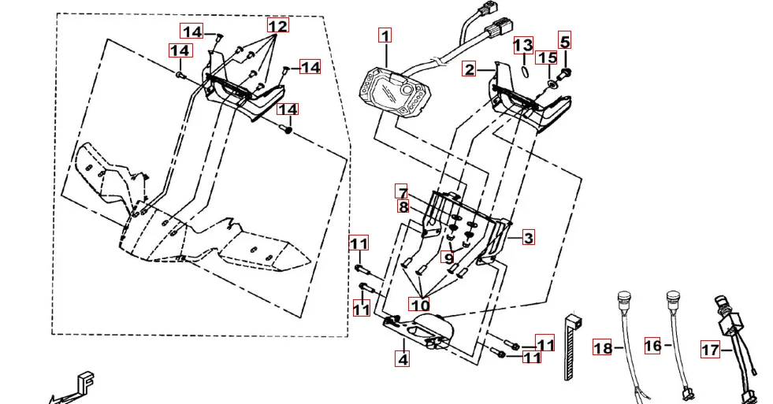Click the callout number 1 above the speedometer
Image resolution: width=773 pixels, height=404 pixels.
click(385, 35)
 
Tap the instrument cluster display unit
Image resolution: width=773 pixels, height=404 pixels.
click(394, 92)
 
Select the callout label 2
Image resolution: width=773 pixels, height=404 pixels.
click(470, 70)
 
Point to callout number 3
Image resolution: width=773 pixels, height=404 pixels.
click(528, 237)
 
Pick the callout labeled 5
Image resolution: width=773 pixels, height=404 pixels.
click(565, 40)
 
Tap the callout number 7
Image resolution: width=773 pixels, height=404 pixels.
click(402, 193)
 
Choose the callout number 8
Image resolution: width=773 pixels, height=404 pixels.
click(403, 208)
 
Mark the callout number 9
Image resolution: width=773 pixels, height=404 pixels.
click(448, 258)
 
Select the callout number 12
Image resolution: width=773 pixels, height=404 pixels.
click(277, 25)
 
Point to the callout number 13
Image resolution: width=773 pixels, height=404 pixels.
click(523, 45)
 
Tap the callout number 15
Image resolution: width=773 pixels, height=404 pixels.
click(547, 58)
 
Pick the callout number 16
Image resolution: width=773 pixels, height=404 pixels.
click(652, 345)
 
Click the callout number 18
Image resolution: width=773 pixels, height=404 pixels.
click(603, 348)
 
